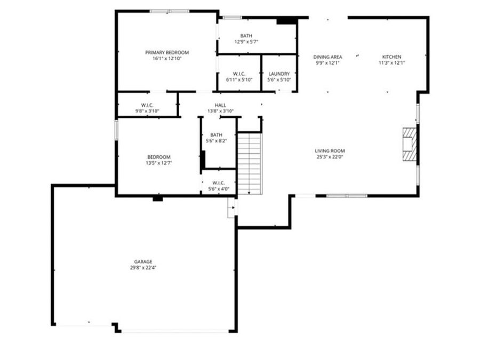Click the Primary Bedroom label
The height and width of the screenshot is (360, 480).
point(167,52)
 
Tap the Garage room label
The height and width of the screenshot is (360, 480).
point(143,262)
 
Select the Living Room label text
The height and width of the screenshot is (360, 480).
point(330,151)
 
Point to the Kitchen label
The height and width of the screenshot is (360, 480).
point(391,57)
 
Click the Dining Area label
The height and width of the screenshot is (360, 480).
point(327,57)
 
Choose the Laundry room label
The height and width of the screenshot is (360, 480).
point(279,74)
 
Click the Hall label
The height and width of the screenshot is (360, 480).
point(220,105)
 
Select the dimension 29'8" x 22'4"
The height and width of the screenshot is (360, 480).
point(143,268)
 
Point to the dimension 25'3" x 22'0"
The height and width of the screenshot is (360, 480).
point(330,157)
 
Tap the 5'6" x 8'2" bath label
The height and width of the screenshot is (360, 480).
point(216,141)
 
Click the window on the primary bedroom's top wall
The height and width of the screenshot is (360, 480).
point(169,11)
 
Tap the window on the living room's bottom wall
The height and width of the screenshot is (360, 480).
point(347,196)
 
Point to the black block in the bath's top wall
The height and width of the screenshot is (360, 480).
point(286,21)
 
